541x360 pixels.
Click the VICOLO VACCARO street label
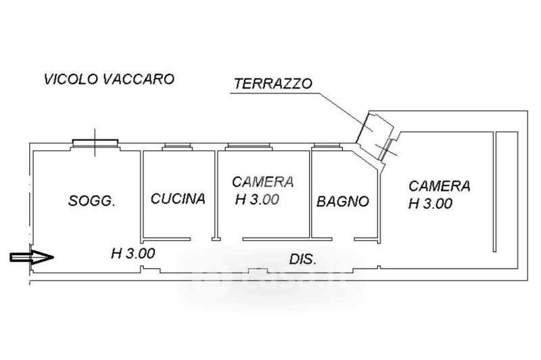tap(109, 79)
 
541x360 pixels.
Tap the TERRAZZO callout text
tap(273, 85)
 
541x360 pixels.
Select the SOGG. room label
tap(92, 201)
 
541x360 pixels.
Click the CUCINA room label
tap(178, 199)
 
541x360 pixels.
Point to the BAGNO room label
tap(344, 201)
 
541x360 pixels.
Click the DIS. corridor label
tap(304, 259)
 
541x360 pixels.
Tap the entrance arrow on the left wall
tap(32, 257)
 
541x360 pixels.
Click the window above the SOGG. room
tap(95, 142)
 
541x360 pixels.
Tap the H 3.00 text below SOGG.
tap(133, 254)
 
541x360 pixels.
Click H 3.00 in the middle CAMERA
tap(258, 200)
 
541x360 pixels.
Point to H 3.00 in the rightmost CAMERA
tap(431, 203)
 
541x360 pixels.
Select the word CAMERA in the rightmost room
tap(439, 185)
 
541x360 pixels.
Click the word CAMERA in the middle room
tap(262, 182)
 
